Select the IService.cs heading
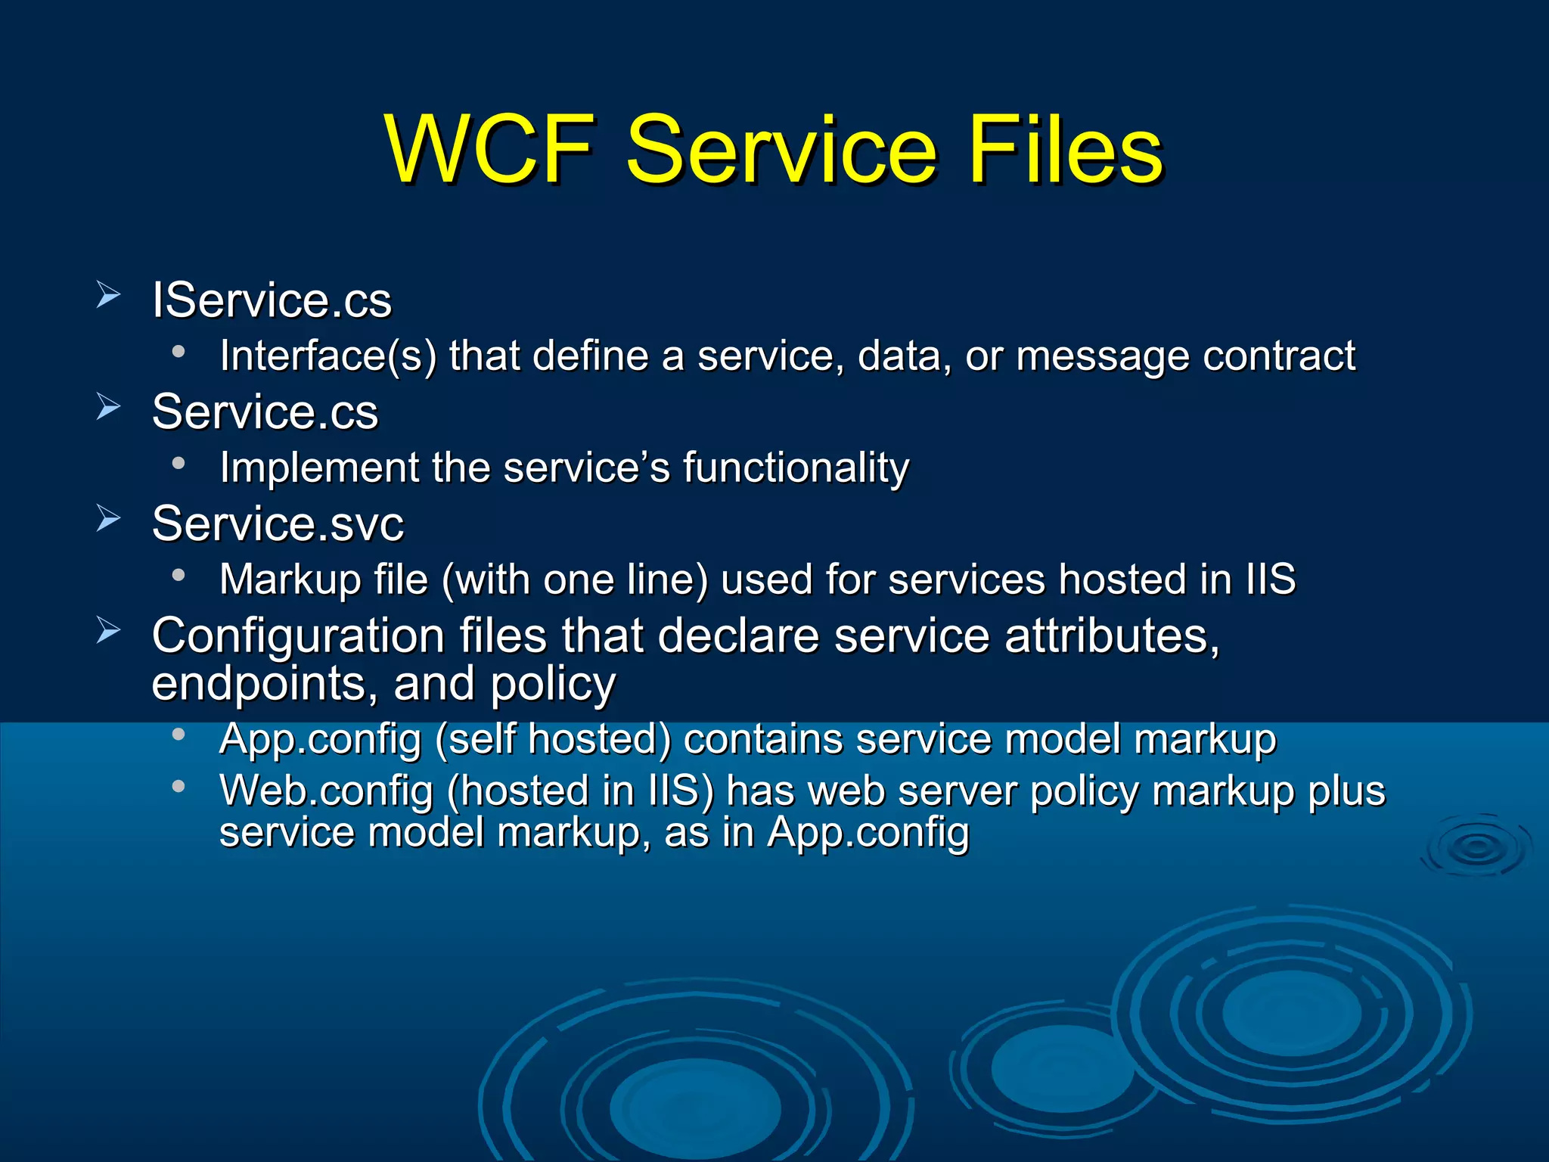pyautogui.click(x=272, y=300)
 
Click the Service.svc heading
pyautogui.click(x=278, y=524)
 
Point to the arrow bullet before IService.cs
pyautogui.click(x=108, y=295)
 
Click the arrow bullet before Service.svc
pyautogui.click(x=108, y=519)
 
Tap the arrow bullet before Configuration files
pyautogui.click(x=108, y=630)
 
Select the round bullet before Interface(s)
pyautogui.click(x=178, y=351)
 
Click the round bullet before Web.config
pyautogui.click(x=178, y=787)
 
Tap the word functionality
pyautogui.click(x=796, y=468)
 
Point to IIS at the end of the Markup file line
pyautogui.click(x=1271, y=579)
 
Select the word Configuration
pyautogui.click(x=297, y=635)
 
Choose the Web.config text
pyautogui.click(x=325, y=791)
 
